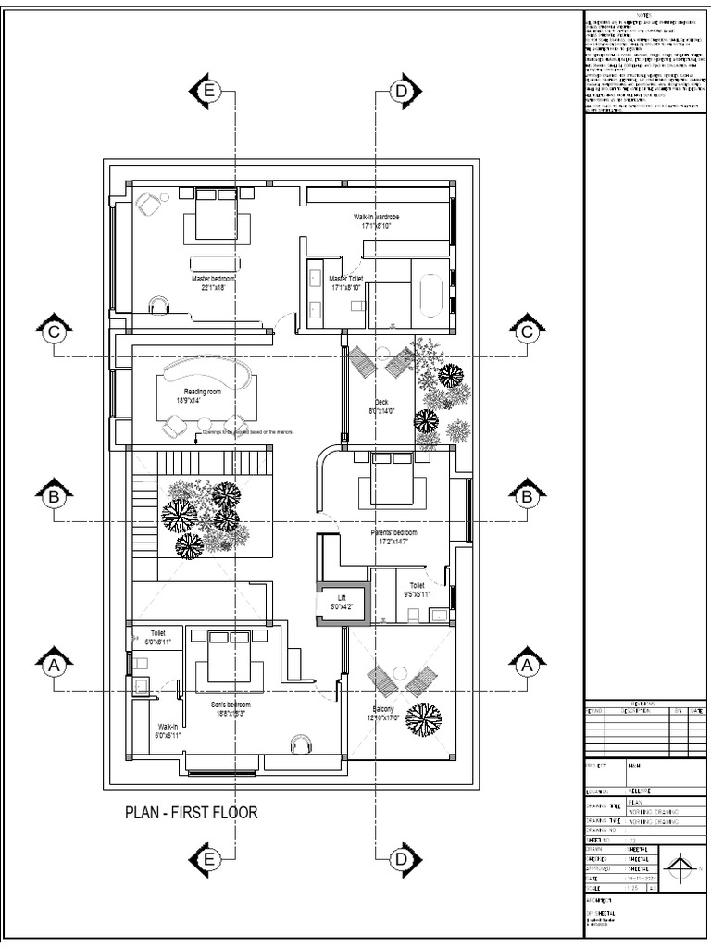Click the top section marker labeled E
click(208, 91)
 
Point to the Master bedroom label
click(214, 282)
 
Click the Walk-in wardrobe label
click(376, 220)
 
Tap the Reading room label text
click(202, 395)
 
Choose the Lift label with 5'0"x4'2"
click(342, 603)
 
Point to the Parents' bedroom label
click(394, 537)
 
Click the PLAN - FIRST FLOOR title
click(191, 813)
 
